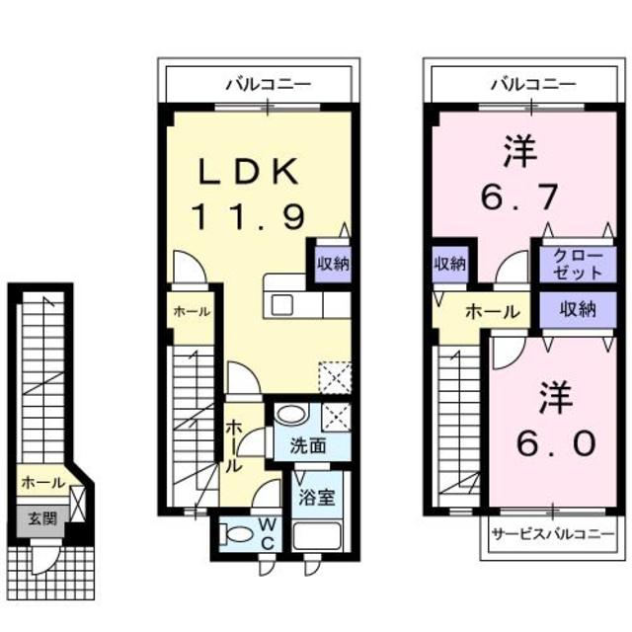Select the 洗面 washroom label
point(307,445)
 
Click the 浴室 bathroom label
point(317,496)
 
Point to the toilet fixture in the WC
point(238,534)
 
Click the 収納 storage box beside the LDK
point(333,264)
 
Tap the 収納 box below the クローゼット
point(579,310)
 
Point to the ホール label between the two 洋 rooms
point(492,312)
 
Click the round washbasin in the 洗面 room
point(289,415)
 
